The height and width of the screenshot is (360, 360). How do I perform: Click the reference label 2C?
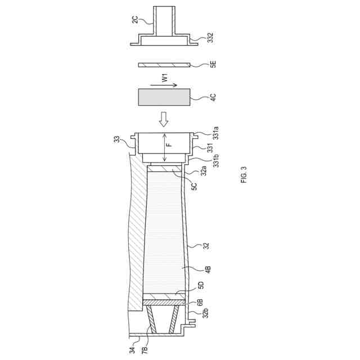coord(135,20)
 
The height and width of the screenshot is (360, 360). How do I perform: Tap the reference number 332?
coord(210,38)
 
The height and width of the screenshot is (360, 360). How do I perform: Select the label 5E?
coord(213,64)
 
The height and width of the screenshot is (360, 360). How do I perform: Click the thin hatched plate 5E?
coord(164,65)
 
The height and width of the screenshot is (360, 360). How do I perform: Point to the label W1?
coord(165,78)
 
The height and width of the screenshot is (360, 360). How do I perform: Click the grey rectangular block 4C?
coord(164,97)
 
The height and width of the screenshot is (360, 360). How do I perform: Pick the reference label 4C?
coord(213,97)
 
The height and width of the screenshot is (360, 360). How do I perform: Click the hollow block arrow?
coord(164,119)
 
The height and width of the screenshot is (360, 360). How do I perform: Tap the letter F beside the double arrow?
coord(169,145)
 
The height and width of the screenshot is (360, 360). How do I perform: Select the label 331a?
coord(215,133)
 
